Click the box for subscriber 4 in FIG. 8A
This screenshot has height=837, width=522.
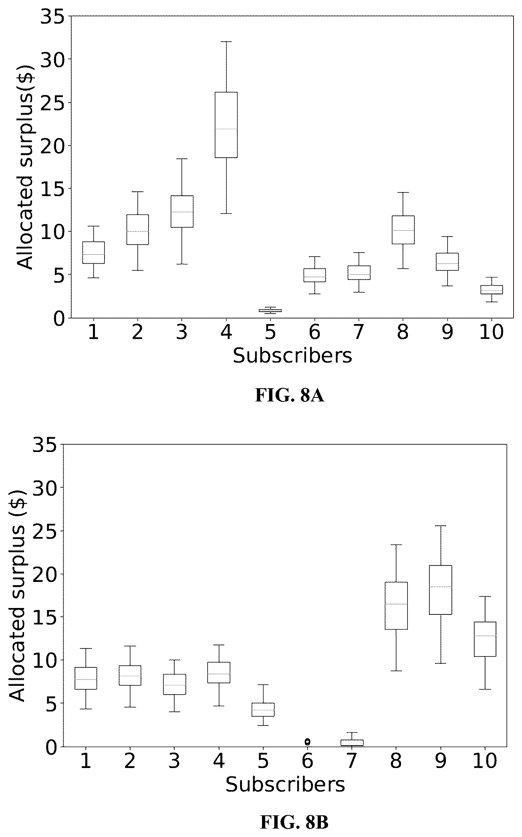[x=226, y=125]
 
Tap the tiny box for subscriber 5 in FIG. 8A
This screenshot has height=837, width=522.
[x=270, y=310]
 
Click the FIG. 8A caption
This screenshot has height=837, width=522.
[x=290, y=396]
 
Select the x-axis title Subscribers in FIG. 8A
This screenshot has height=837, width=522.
[x=292, y=355]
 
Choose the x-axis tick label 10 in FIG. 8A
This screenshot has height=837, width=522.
[x=491, y=332]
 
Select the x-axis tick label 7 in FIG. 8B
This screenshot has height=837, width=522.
[x=351, y=761]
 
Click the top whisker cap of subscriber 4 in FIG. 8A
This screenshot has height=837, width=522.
[x=226, y=41]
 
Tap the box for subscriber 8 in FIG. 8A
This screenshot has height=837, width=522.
[x=403, y=230]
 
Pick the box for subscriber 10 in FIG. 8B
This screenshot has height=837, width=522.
[x=485, y=639]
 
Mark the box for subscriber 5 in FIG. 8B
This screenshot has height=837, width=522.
[x=263, y=709]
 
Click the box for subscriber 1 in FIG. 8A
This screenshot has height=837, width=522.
[x=93, y=252]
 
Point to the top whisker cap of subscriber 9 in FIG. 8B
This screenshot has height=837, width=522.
[x=440, y=526]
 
